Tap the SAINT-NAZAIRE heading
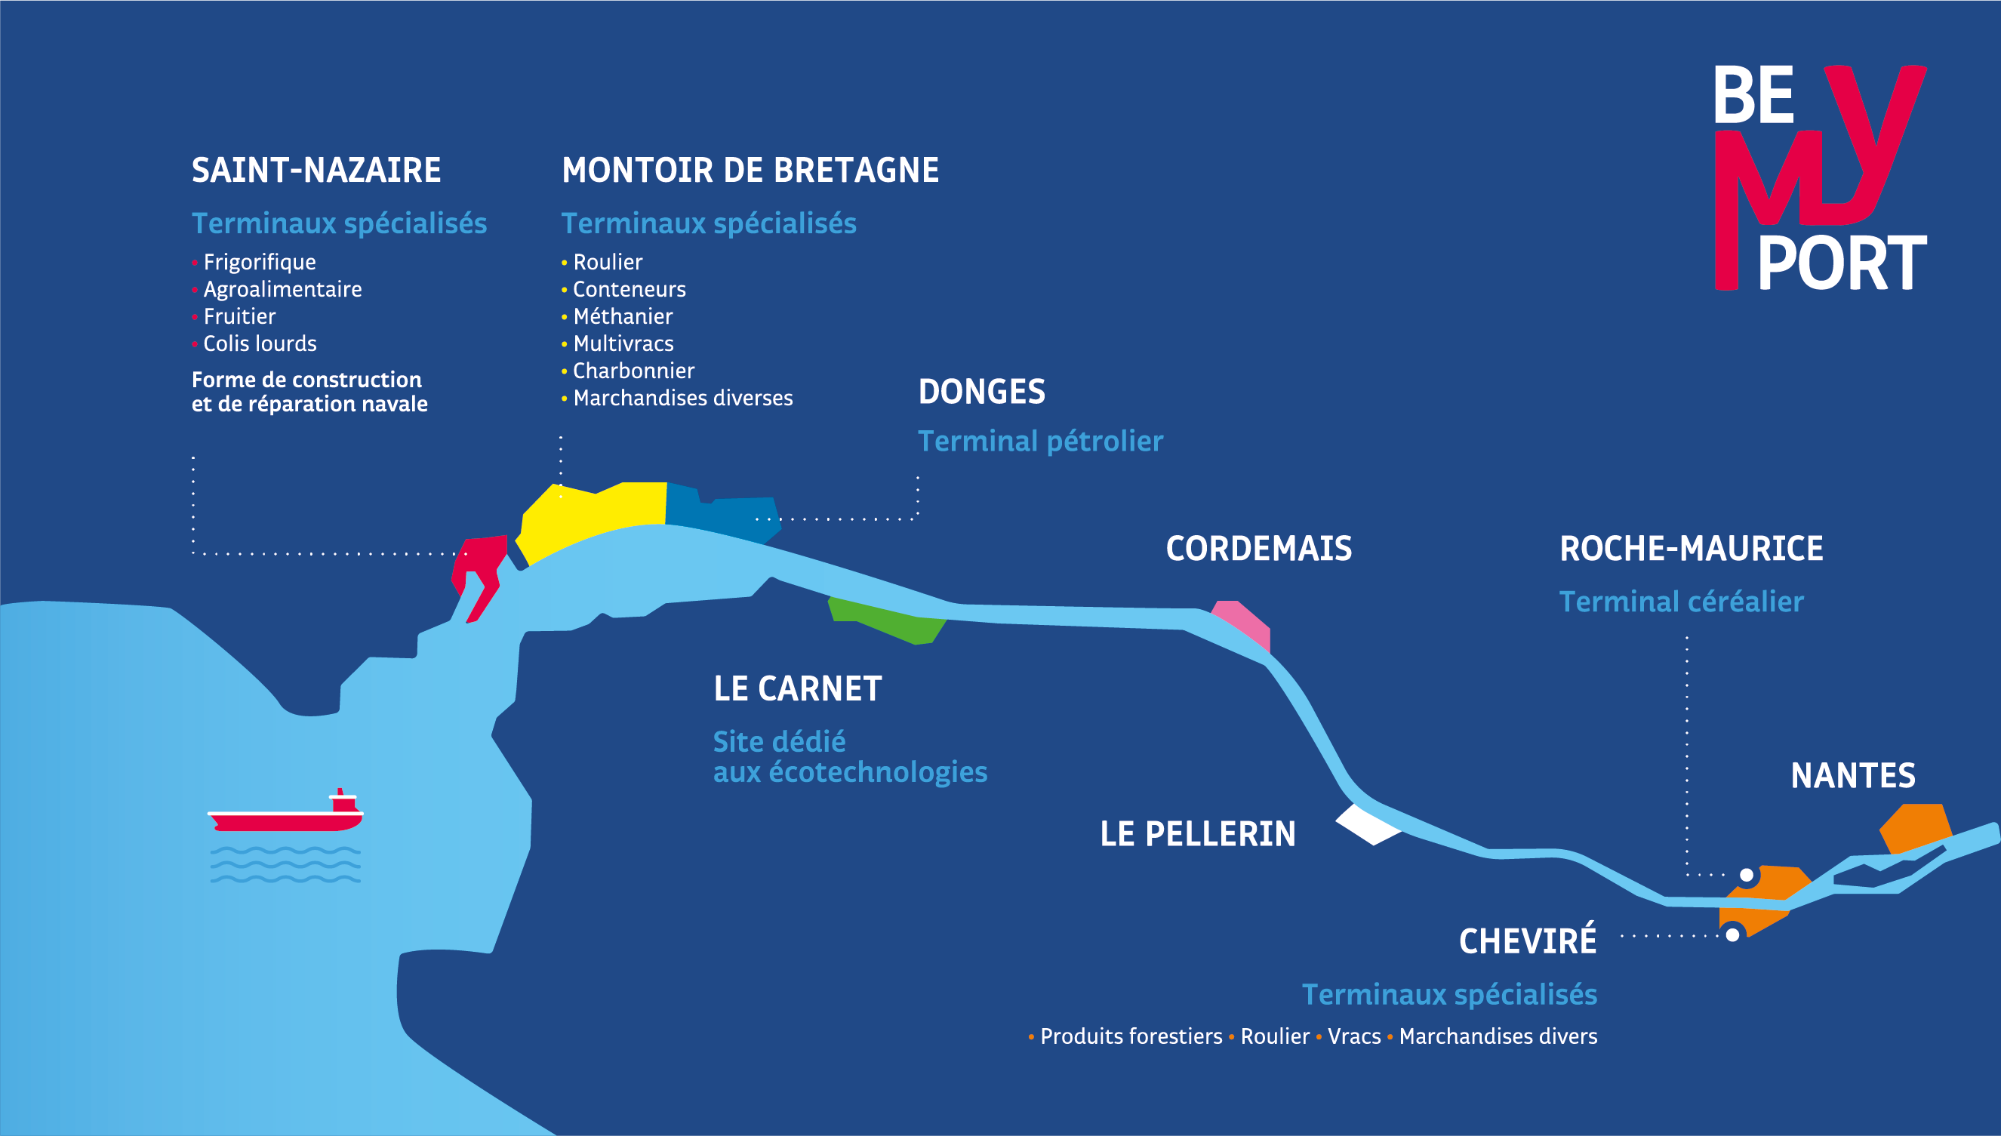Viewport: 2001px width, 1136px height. click(x=316, y=170)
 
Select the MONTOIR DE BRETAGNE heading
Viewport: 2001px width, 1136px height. click(x=750, y=170)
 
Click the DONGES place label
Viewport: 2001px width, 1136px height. click(x=981, y=392)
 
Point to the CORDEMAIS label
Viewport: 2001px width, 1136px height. click(x=1258, y=549)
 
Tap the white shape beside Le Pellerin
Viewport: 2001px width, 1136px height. click(x=1367, y=824)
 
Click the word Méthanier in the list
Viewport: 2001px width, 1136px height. click(x=623, y=317)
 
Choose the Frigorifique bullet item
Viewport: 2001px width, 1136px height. click(x=259, y=262)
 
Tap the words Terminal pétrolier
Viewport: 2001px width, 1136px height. click(x=1040, y=442)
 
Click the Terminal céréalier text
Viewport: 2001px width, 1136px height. click(x=1681, y=602)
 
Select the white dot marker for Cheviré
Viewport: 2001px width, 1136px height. click(x=1732, y=934)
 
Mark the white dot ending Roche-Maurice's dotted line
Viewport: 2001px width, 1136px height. click(x=1747, y=876)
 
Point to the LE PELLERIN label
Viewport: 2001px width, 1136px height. click(x=1197, y=834)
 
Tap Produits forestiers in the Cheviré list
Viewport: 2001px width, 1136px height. click(x=1131, y=1036)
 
